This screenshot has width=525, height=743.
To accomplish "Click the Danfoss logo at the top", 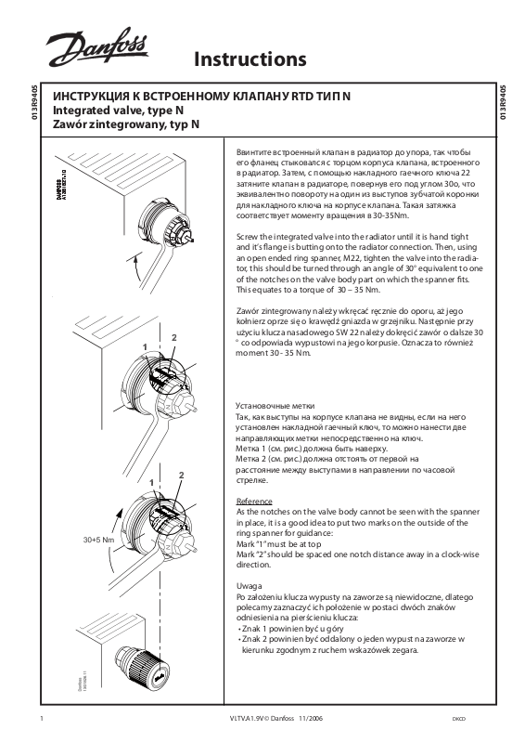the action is [96, 47].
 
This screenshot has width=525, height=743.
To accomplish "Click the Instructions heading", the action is [250, 59].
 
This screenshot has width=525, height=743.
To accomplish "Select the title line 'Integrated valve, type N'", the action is [118, 111].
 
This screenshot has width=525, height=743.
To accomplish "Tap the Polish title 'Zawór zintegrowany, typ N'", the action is [126, 124].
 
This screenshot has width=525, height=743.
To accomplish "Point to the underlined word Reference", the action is [254, 502].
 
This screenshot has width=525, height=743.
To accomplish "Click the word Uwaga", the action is [249, 586].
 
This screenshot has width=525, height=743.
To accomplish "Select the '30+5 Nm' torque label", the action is [98, 540].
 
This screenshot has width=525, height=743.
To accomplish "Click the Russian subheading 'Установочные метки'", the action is [275, 406].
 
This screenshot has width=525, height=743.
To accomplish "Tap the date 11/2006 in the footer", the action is [311, 718].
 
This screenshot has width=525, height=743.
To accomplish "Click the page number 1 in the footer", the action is [43, 718].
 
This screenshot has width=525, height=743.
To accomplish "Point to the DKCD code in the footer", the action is [459, 719].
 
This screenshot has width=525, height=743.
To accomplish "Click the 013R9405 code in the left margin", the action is [33, 102].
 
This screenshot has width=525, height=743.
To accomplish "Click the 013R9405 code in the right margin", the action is [503, 102].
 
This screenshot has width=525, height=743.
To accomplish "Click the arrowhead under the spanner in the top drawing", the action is [135, 257].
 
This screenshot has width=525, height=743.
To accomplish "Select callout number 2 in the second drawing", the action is [173, 338].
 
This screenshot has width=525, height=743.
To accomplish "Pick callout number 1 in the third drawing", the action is [151, 482].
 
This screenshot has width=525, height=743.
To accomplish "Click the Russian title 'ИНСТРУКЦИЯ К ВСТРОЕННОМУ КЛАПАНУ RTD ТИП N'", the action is [201, 97].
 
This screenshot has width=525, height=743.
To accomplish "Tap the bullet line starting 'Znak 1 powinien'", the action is [290, 629].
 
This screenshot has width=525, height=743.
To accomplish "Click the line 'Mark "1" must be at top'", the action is [279, 544].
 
